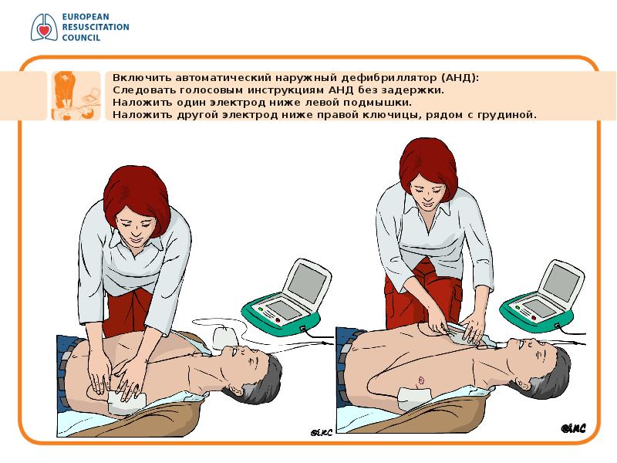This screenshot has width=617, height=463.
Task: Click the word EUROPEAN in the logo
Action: click(86, 17)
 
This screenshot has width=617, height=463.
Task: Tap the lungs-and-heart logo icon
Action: click(44, 27)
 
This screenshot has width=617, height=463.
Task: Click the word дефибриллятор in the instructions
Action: click(389, 78)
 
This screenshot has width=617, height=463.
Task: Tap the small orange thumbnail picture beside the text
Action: click(76, 96)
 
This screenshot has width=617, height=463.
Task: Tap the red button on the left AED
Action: click(278, 319)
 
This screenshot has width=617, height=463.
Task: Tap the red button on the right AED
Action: click(534, 318)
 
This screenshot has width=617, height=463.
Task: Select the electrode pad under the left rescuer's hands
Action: click(125, 401)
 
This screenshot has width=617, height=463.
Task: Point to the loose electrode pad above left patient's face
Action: click(225, 338)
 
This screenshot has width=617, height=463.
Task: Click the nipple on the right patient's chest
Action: click(421, 380)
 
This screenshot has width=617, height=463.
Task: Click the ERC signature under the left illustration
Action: click(322, 433)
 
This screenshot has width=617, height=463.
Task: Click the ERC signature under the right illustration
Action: click(573, 428)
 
